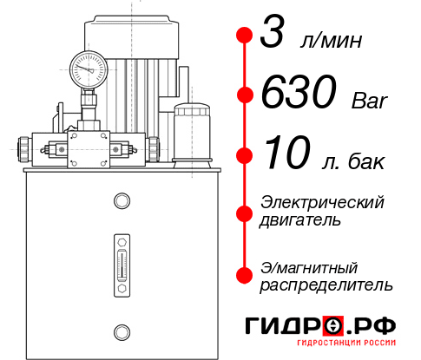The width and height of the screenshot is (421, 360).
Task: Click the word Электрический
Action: coord(322,202)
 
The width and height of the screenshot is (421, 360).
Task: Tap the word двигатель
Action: coord(300,220)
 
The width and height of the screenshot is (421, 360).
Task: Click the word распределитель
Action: coord(326,285)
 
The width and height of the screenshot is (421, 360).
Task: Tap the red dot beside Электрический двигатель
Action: coord(245,212)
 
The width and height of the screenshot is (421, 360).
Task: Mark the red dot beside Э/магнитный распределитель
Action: coord(245,274)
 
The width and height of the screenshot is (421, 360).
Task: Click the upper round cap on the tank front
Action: coord(121,202)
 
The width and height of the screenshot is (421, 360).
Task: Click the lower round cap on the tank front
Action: coord(121,331)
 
